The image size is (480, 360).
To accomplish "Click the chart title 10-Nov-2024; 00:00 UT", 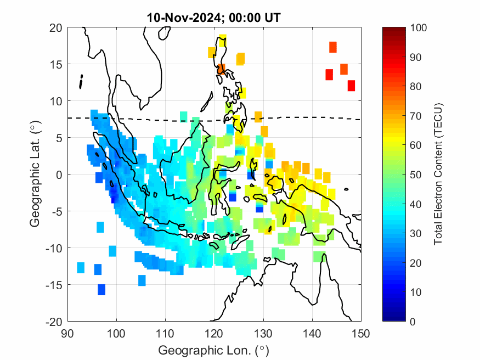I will (214, 18).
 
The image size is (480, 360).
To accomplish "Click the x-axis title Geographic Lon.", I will (214, 350).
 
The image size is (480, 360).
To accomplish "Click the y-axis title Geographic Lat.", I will (35, 175).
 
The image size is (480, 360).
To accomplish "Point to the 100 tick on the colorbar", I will (417, 27).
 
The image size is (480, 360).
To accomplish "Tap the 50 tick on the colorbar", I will (417, 175).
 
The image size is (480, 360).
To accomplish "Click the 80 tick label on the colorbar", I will (417, 86).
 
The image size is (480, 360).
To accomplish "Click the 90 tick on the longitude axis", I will (67, 333).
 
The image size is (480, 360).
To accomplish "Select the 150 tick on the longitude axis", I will (361, 333).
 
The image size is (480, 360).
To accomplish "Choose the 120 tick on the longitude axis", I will (214, 333).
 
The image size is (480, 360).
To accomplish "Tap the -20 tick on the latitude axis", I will (54, 321).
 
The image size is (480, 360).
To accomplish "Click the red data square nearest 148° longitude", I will (351, 86).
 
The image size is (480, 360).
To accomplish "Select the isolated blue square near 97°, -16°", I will (101, 289).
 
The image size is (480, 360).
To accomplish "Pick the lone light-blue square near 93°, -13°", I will (81, 267).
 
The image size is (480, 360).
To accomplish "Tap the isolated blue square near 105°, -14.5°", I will (142, 280).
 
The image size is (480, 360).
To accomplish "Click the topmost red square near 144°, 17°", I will (332, 47).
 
